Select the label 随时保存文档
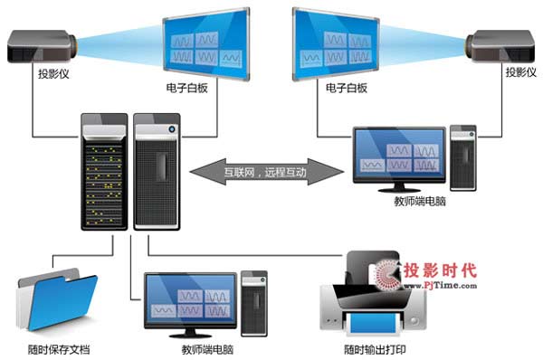57,349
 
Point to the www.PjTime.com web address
439,285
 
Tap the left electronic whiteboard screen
205,41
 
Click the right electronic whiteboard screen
334,41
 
